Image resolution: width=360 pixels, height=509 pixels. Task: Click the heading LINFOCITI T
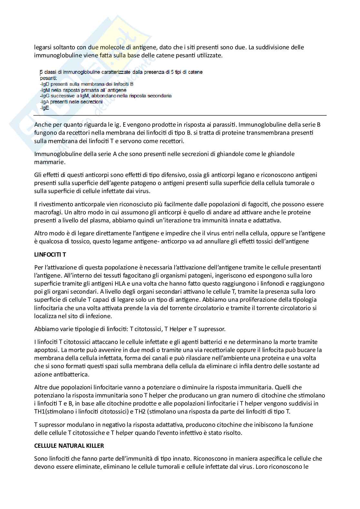click(x=50, y=254)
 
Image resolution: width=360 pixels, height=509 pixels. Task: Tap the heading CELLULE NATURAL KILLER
click(x=69, y=446)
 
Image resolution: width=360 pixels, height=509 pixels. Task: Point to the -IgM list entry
click(x=83, y=90)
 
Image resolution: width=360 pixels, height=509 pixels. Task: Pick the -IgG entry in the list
click(x=105, y=96)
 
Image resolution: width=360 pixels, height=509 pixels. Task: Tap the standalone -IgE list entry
click(x=45, y=108)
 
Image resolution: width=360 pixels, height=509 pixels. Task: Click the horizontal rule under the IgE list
click(x=180, y=115)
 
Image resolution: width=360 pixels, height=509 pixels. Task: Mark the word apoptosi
click(x=44, y=350)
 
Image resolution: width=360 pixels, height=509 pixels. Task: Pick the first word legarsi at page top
click(x=44, y=47)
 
